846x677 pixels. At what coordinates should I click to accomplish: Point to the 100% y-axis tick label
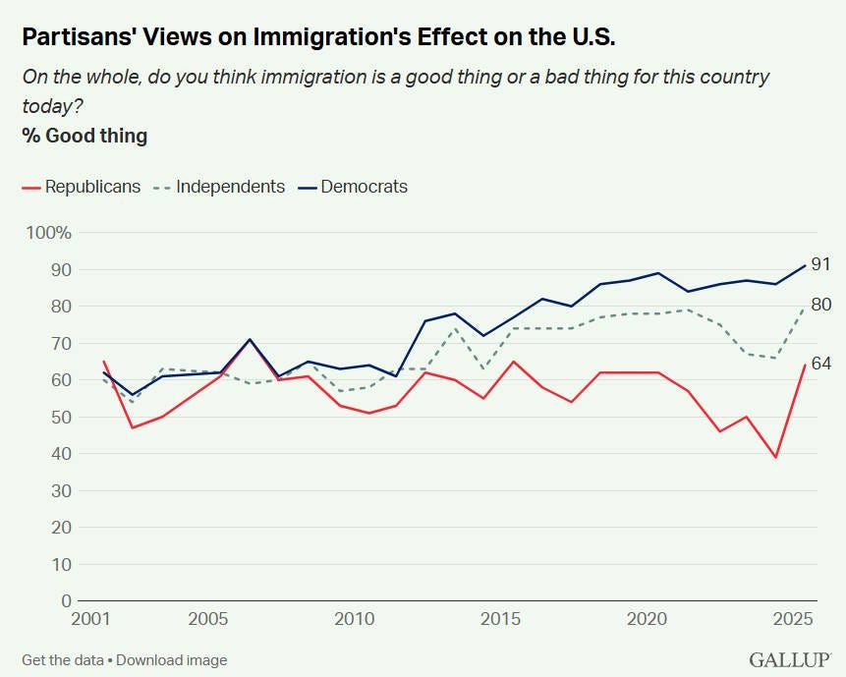(48, 233)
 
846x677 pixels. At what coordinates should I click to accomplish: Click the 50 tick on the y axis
(61, 417)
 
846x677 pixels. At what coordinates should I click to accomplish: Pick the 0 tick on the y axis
(67, 600)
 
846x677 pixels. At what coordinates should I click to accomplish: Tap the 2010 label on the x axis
(355, 620)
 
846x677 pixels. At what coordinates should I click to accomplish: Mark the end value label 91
(821, 264)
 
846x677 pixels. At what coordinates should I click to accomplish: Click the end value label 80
(821, 305)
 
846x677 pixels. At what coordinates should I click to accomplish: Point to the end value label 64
(821, 364)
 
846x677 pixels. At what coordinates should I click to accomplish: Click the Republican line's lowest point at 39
(776, 457)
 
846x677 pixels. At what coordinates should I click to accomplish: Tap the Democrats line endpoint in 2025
(806, 265)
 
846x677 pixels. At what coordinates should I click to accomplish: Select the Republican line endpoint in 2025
(806, 365)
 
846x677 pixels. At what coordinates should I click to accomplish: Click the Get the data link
(63, 659)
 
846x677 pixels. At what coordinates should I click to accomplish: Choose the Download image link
(171, 659)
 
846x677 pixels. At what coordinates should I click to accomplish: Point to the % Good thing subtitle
(85, 136)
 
